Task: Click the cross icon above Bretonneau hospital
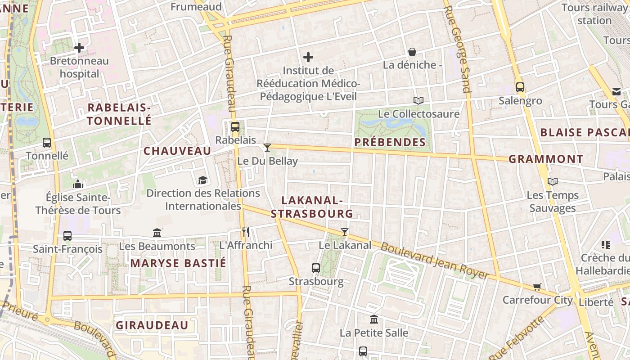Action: click(x=79, y=47)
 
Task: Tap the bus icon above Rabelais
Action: click(x=235, y=127)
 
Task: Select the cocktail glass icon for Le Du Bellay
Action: click(x=267, y=147)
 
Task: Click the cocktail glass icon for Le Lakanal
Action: click(x=345, y=232)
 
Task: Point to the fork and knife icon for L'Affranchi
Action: click(x=246, y=232)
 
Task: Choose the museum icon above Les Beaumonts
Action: click(x=157, y=233)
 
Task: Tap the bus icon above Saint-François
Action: click(x=67, y=235)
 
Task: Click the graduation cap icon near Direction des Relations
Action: click(x=203, y=180)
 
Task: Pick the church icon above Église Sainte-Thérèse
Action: click(x=78, y=184)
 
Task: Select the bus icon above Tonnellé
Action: click(x=47, y=143)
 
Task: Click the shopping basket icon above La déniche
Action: click(x=412, y=52)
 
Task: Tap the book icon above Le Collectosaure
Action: click(x=418, y=100)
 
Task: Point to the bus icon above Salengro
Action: click(x=520, y=87)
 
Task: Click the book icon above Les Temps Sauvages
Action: click(x=553, y=181)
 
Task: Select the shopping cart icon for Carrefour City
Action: click(x=537, y=287)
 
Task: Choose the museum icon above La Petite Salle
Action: click(x=374, y=319)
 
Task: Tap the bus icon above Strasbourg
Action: click(x=316, y=268)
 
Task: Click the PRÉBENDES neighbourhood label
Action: click(x=390, y=142)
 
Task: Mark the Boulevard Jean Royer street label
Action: click(x=434, y=260)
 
